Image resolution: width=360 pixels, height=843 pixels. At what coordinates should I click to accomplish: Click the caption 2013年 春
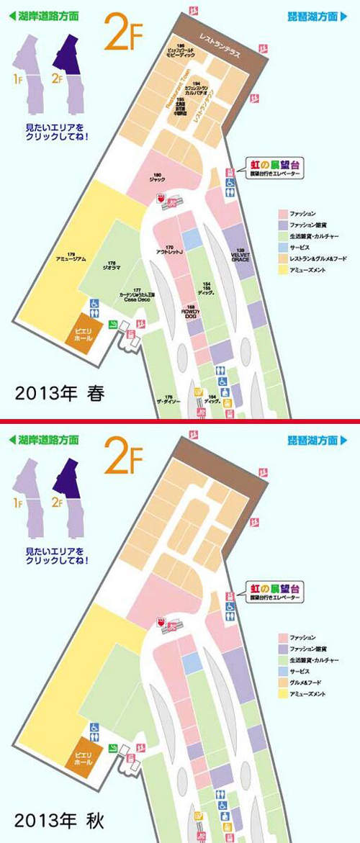coord(60,394)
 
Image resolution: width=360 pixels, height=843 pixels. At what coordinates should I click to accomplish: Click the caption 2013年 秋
coord(60,819)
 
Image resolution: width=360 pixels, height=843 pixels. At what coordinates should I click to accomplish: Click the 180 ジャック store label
coord(157,176)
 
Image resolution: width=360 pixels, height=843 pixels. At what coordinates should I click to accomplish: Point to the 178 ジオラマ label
coord(111,264)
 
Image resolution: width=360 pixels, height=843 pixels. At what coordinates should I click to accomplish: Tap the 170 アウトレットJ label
coord(171,250)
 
